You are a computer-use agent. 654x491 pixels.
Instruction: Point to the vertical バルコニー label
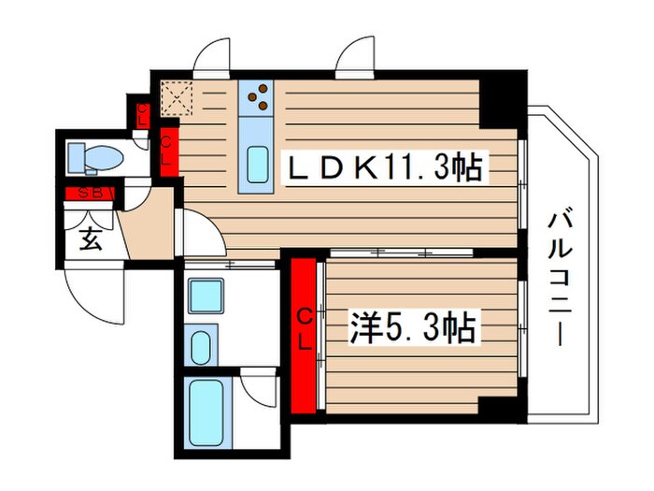click(559, 278)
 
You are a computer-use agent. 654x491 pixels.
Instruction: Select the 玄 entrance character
click(91, 239)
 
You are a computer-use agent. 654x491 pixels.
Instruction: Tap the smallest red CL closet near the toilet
click(142, 115)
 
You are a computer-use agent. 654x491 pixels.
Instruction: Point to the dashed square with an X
click(175, 96)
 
